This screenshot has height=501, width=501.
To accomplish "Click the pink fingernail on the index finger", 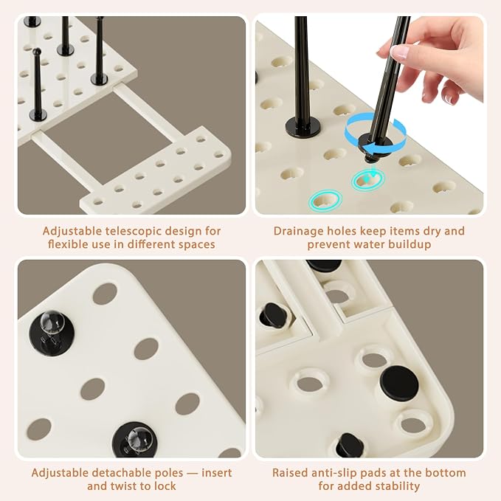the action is click(398, 52).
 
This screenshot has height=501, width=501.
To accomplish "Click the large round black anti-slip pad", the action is click(399, 384).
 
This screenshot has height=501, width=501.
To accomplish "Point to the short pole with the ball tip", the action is click(38, 85).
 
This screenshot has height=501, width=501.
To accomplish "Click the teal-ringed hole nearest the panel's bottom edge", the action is click(325, 201).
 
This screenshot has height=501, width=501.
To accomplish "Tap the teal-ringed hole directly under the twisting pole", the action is click(368, 180).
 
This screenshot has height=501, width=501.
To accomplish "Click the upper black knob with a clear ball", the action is click(52, 332).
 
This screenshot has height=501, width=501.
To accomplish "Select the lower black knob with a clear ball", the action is click(135, 440).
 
